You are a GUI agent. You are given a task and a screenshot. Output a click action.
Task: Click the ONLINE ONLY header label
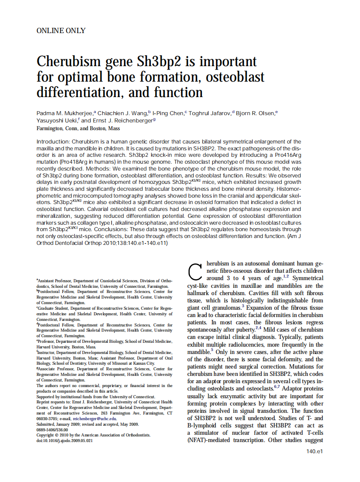[61, 31]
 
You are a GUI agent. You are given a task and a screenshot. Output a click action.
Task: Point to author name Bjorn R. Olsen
[256, 113]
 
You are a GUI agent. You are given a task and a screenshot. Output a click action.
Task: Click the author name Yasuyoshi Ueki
[58, 121]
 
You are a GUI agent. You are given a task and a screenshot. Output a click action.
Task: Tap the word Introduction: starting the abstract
[53, 141]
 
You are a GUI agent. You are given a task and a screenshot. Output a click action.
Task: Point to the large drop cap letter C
[195, 270]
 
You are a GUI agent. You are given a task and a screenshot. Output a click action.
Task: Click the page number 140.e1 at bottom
[314, 451]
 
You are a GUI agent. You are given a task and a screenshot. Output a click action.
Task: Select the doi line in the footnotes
[64, 441]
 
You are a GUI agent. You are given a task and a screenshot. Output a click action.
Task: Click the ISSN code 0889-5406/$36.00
[52, 430]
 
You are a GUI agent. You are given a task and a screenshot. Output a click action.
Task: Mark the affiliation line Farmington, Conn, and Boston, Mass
[78, 128]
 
